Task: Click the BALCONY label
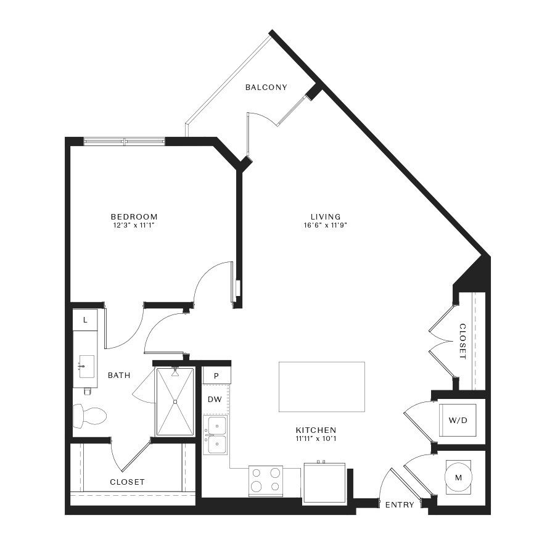point(266,88)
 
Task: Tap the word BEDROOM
point(134,216)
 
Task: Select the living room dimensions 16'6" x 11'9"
point(325,225)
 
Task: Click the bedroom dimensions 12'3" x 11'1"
point(134,225)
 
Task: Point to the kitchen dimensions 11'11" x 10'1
point(316,439)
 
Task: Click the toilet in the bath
point(89,415)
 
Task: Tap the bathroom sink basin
point(86,366)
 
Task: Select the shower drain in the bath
point(175,401)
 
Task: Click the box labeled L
point(85,320)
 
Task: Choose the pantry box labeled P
point(216,376)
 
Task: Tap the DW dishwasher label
point(215,400)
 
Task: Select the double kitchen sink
point(216,435)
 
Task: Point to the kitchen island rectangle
point(322,387)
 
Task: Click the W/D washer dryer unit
point(458,420)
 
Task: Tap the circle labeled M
point(458,478)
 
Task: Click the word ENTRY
point(400,504)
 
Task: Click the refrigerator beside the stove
point(324,482)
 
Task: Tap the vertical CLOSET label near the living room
point(462,342)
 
